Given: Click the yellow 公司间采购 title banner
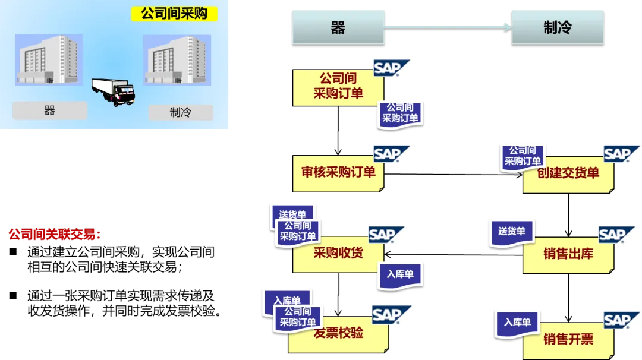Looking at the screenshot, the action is (174, 14).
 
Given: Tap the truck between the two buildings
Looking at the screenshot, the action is (114, 91).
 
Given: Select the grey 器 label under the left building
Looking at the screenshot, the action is (49, 110).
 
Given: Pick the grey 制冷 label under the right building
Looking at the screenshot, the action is (181, 112).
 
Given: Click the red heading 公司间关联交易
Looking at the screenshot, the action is (55, 235).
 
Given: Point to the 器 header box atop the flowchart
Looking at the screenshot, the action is (338, 27).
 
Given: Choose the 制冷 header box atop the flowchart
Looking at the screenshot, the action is (558, 27).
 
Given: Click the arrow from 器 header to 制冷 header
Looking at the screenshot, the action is (448, 27).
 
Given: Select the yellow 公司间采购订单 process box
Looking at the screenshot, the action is (338, 87).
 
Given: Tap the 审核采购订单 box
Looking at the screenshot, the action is (338, 173).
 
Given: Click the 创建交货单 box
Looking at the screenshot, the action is (568, 175).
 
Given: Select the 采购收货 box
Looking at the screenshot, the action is (338, 254).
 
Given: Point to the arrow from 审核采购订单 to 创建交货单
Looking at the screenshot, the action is (453, 175).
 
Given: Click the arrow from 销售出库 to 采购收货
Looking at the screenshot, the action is (453, 254).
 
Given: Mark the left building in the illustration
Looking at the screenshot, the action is (49, 60).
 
